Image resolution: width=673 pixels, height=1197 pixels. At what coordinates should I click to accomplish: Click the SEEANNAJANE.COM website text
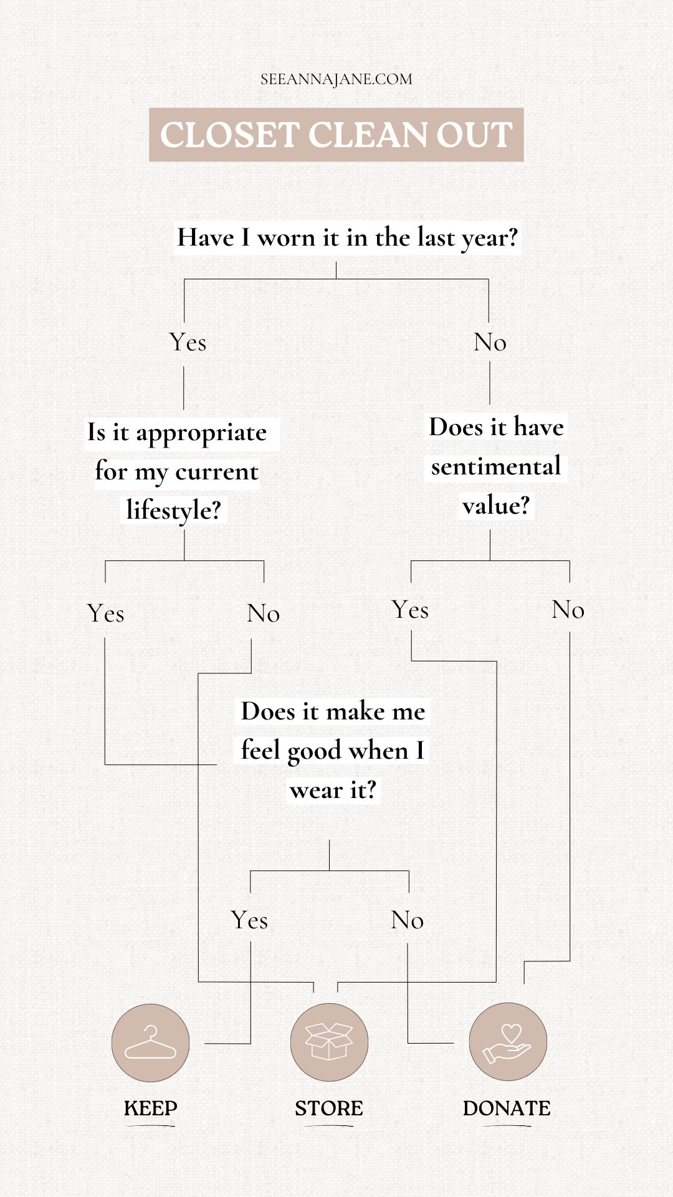[x=336, y=80]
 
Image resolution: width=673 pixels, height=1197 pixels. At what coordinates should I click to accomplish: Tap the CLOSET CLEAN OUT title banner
[x=336, y=135]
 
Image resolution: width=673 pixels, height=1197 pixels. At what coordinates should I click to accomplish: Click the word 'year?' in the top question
[x=489, y=239]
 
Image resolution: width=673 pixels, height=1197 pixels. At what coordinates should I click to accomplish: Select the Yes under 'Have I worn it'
[x=188, y=343]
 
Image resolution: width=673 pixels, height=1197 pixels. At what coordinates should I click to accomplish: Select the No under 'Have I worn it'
[x=490, y=343]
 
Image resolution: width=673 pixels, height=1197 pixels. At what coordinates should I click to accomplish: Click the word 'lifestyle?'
[x=174, y=511]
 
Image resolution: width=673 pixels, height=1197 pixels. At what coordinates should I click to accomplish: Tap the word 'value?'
[x=496, y=506]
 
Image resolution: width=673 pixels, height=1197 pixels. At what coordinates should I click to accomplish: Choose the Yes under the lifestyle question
[x=106, y=613]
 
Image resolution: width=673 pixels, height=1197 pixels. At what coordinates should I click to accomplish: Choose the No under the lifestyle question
[x=263, y=613]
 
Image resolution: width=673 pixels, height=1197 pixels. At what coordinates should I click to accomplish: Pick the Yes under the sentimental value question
[x=411, y=610]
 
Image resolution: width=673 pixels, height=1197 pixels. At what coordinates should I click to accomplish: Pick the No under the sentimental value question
[x=568, y=610]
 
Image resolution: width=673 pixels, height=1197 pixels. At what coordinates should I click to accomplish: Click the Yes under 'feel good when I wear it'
[x=249, y=920]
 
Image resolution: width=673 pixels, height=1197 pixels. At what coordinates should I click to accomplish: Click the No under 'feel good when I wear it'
[x=408, y=920]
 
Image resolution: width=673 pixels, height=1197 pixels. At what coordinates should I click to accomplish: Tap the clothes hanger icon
[x=151, y=1042]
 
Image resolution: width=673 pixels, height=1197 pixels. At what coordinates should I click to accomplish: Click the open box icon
[x=329, y=1042]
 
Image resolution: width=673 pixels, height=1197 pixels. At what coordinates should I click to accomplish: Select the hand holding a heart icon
[x=508, y=1042]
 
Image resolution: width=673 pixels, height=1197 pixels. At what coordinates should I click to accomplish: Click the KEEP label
[x=151, y=1108]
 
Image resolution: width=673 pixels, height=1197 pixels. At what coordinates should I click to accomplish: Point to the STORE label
[x=329, y=1108]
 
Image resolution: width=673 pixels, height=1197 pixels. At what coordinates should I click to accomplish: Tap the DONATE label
[x=507, y=1108]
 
